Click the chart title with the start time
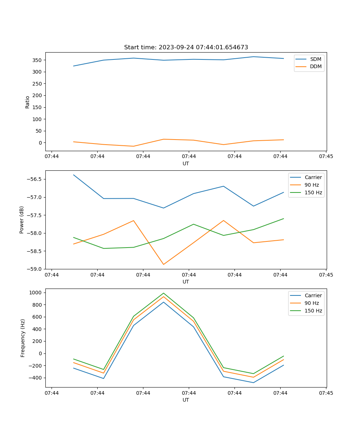point(186,47)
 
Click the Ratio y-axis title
point(28,102)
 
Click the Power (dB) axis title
point(22,220)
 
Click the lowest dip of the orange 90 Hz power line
point(163,264)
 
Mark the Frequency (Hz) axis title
point(23,338)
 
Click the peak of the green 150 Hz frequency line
point(163,293)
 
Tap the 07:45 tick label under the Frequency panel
point(326,393)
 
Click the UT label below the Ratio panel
point(186,163)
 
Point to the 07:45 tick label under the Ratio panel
point(326,157)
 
